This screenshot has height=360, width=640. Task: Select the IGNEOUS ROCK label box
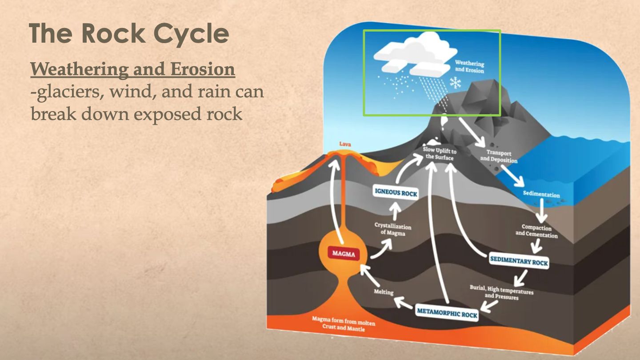click(x=396, y=192)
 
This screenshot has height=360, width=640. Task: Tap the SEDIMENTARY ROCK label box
click(x=519, y=261)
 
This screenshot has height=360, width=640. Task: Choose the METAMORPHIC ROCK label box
click(x=447, y=312)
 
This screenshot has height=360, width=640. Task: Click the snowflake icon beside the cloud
click(x=455, y=82)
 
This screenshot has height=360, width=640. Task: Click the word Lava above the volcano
click(x=345, y=144)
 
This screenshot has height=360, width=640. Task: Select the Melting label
click(x=384, y=292)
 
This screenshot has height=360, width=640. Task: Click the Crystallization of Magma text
click(x=392, y=229)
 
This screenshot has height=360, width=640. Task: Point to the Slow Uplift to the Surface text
click(x=440, y=154)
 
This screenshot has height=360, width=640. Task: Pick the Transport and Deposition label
click(x=499, y=156)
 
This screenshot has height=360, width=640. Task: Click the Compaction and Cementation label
click(x=536, y=231)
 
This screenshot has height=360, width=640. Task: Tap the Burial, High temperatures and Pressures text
click(x=501, y=292)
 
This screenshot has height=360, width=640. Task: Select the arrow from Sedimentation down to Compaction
click(x=541, y=211)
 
